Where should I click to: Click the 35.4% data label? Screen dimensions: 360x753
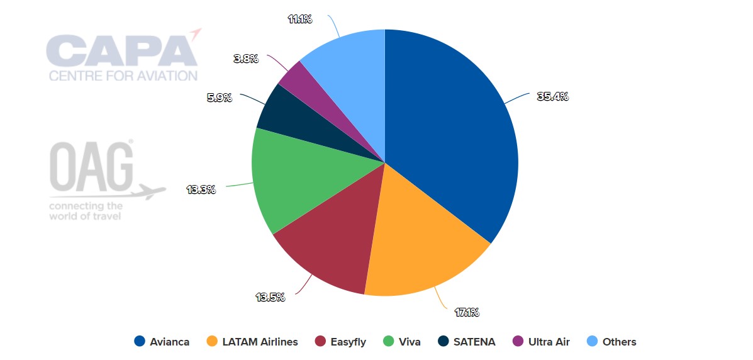click(552, 96)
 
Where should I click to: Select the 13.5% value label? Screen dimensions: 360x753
click(269, 297)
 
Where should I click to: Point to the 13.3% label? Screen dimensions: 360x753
click(201, 189)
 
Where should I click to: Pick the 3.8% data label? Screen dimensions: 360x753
click(246, 59)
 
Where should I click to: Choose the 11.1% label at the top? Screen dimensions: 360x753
click(300, 19)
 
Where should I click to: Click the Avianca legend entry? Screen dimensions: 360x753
click(162, 342)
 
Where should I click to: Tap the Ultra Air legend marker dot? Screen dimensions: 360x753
click(518, 342)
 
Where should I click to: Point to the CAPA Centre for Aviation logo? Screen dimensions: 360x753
click(123, 57)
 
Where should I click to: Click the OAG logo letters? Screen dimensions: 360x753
click(92, 167)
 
